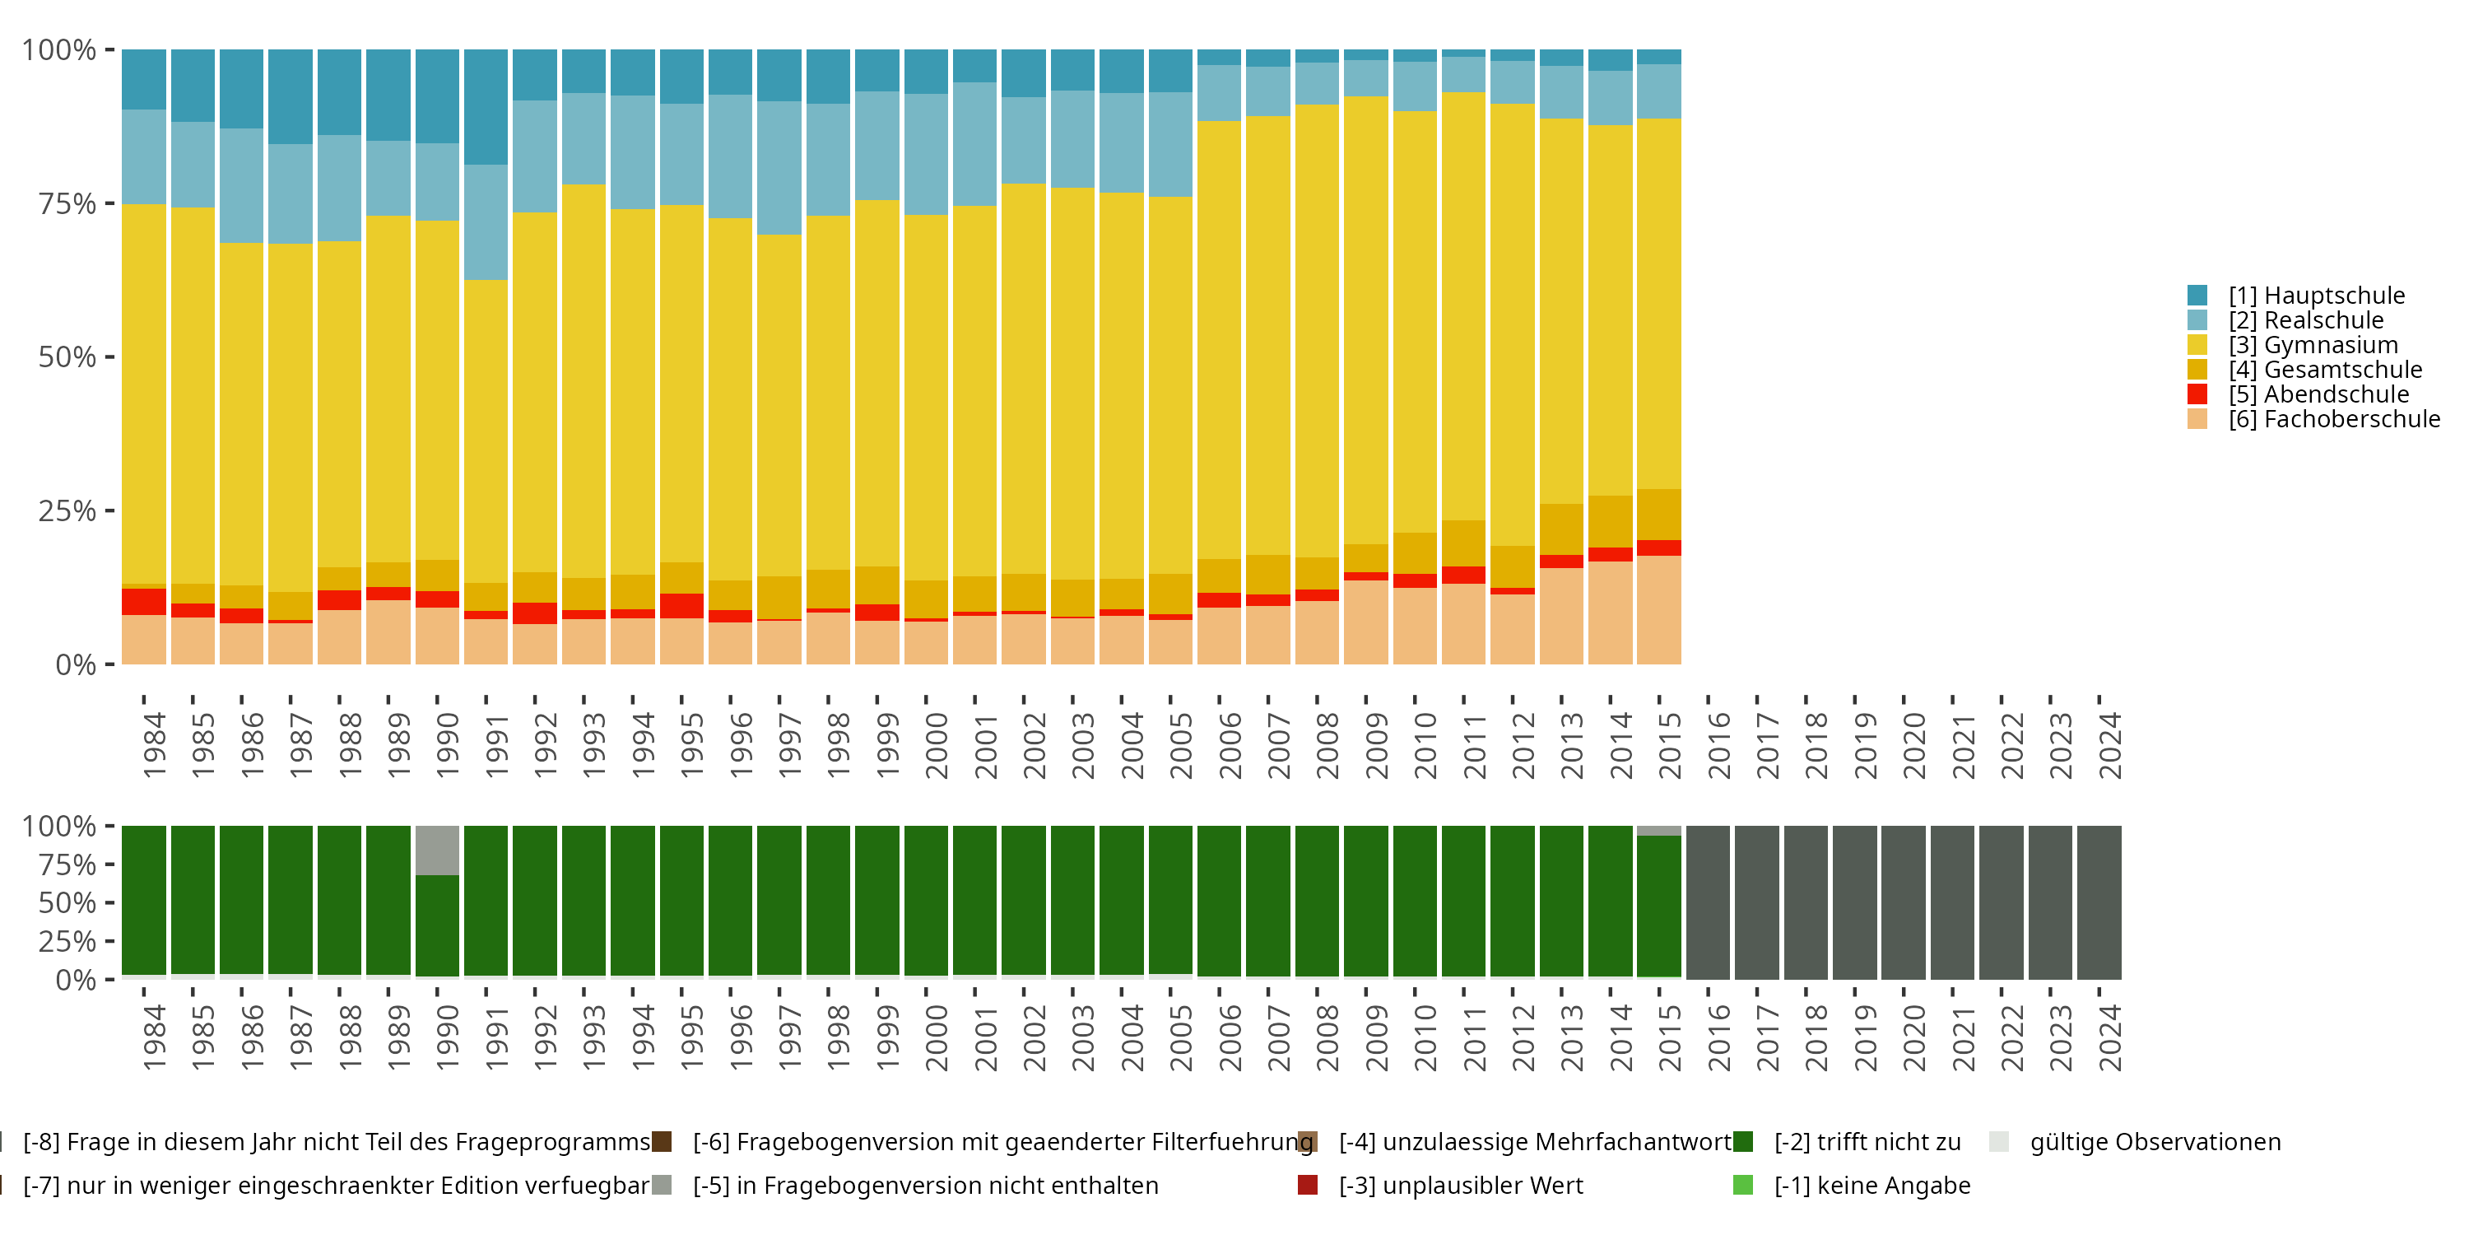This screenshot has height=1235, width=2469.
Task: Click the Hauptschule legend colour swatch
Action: pos(2197,296)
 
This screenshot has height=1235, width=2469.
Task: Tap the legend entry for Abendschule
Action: pos(2318,394)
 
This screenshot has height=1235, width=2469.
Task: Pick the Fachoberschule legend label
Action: pos(2334,419)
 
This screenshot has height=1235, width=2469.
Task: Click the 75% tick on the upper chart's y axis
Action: pos(110,203)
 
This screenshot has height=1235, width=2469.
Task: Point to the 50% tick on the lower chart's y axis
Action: pos(110,902)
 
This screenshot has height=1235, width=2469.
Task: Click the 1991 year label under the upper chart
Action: pos(496,745)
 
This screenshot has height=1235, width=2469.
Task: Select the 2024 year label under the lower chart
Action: pos(2109,1037)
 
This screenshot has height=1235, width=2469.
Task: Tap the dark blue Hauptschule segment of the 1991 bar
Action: pos(486,107)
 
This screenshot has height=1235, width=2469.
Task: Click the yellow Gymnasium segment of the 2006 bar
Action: pos(1219,339)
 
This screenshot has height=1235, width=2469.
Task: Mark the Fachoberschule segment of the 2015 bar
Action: pos(1659,610)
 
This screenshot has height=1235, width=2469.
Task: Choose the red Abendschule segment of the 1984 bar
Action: pos(144,601)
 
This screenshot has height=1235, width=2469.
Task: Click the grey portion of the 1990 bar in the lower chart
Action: pos(437,851)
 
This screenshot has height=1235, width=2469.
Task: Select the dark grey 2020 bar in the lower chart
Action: pos(1904,902)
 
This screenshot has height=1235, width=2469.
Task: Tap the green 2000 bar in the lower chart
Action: pos(926,901)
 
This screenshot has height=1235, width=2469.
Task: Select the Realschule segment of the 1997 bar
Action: pos(779,168)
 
